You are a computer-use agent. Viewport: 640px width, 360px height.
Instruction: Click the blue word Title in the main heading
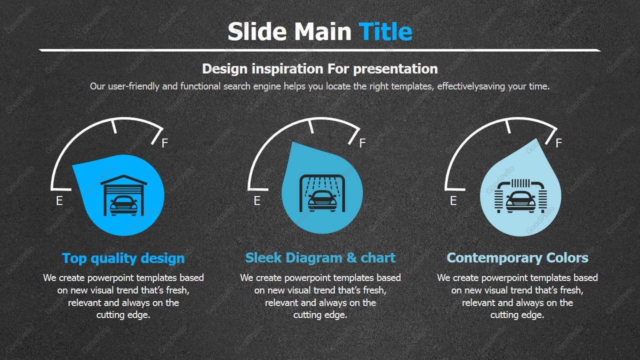(x=385, y=31)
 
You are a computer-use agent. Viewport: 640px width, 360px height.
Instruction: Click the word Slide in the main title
(x=257, y=31)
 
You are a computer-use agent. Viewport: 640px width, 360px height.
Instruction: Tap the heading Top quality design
(x=123, y=258)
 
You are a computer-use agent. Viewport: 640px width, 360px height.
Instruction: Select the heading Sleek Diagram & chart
(x=320, y=257)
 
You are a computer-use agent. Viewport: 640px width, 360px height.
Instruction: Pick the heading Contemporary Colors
(x=517, y=257)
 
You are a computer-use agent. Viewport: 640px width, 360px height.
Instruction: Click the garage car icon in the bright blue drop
(x=123, y=195)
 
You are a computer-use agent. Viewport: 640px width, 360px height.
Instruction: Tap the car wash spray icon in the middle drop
(x=322, y=193)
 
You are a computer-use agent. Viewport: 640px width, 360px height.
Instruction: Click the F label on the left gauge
(x=165, y=143)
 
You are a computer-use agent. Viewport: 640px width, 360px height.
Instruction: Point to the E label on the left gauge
(x=59, y=201)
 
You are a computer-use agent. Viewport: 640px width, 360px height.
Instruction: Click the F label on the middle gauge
(x=362, y=143)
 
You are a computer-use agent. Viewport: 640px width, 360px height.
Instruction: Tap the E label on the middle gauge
(x=257, y=201)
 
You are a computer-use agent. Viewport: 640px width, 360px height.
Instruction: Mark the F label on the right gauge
(x=558, y=143)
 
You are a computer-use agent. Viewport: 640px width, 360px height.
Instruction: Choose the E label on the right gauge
(x=453, y=201)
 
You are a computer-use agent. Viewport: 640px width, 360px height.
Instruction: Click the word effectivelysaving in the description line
(x=471, y=86)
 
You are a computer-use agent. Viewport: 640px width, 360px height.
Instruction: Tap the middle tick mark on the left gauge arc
(x=114, y=127)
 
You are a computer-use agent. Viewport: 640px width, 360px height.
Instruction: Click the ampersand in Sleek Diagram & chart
(x=351, y=257)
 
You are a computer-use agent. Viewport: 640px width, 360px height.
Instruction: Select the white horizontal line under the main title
(x=320, y=50)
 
